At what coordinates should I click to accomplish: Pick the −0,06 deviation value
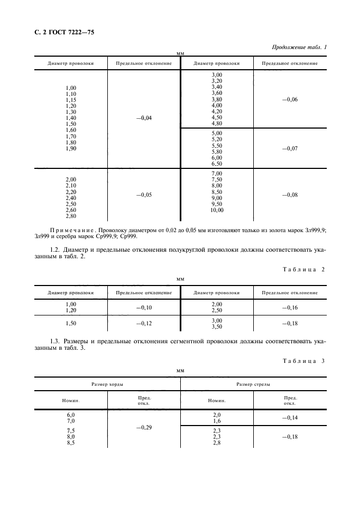(289, 100)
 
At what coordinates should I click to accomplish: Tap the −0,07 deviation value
(289, 148)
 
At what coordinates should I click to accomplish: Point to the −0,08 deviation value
(289, 195)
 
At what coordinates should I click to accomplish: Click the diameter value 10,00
(217, 210)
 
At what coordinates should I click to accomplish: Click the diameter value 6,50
(217, 163)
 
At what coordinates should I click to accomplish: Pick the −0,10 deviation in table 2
(143, 308)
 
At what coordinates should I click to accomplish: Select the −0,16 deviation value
(289, 308)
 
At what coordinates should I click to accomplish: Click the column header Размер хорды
(107, 384)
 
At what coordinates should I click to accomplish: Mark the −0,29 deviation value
(143, 428)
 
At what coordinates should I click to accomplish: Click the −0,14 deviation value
(289, 417)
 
